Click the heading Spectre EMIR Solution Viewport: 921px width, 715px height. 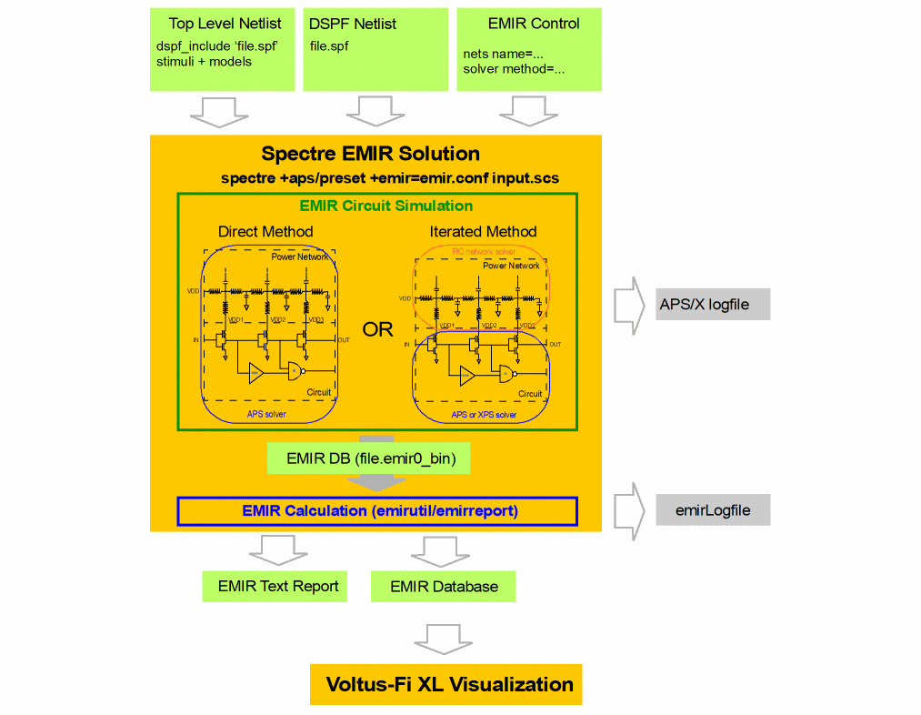(370, 153)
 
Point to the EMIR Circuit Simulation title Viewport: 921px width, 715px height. (385, 206)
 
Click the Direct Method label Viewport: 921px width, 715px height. (265, 231)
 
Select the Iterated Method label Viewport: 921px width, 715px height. (483, 231)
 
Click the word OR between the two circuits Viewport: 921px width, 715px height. (377, 329)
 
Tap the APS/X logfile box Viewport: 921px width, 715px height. (713, 304)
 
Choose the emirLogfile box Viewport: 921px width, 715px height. (713, 510)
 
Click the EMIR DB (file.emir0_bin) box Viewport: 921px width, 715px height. (369, 458)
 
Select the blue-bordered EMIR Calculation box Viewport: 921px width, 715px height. (377, 511)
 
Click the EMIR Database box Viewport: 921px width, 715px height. (443, 586)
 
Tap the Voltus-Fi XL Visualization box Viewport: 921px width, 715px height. (445, 684)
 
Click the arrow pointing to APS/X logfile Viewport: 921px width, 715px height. (629, 304)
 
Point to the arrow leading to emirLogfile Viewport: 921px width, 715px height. (629, 510)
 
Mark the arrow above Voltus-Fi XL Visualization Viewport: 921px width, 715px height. (444, 639)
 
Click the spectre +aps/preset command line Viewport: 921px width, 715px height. (389, 178)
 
